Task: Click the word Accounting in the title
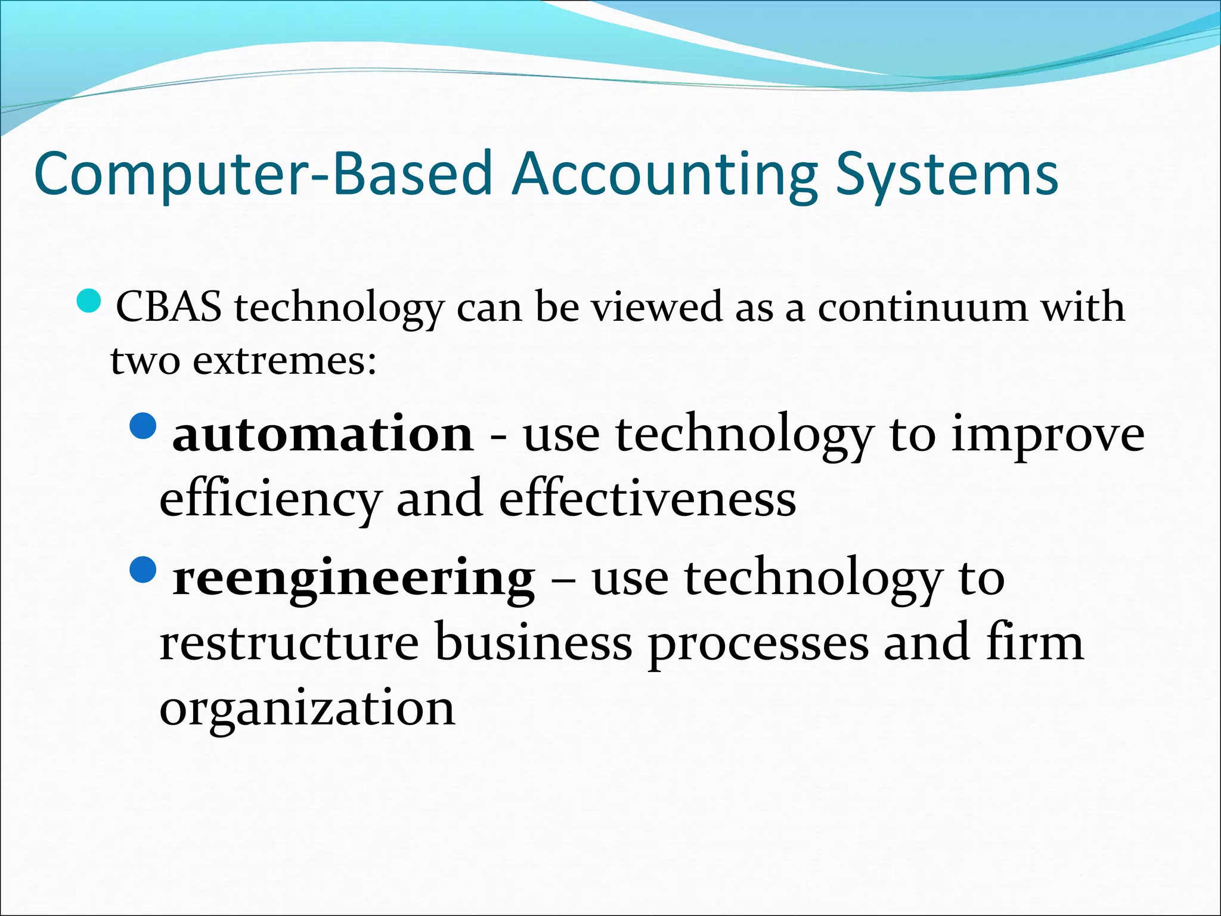coord(665,174)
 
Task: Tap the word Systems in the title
coord(946,174)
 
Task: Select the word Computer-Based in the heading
coord(263,174)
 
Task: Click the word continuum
coord(922,308)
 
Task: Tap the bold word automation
coord(323,434)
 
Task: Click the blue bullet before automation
coord(142,426)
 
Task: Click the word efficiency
coord(270,500)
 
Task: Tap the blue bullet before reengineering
coord(142,570)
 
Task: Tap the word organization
coord(307,708)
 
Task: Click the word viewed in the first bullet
coord(656,308)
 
